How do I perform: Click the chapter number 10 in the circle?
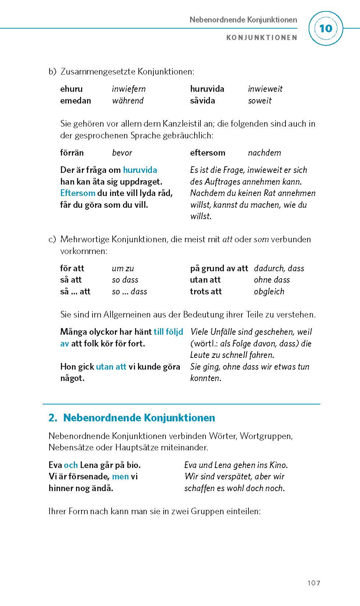coord(326,29)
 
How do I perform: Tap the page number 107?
coord(313,583)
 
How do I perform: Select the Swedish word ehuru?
coord(71,89)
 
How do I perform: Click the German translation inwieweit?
coord(265,89)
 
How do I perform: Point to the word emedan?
coord(75,101)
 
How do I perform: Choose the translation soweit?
coord(259,101)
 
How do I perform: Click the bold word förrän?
coord(72,153)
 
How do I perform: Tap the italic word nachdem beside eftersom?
coord(264,153)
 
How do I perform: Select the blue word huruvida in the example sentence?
coord(140,170)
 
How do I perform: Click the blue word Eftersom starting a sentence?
coord(77,193)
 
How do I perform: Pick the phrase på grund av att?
coord(219,268)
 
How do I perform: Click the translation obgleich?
coord(269,291)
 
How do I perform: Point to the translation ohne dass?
coord(272,280)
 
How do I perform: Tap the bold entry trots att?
coord(206,291)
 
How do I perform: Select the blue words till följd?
coord(168,332)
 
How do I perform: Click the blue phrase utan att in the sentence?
coord(111,367)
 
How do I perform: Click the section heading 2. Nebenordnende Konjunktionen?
coord(132,418)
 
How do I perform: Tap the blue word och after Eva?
coord(70,465)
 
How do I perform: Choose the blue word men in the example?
coord(120,476)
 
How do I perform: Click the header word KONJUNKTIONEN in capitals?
coord(261,37)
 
